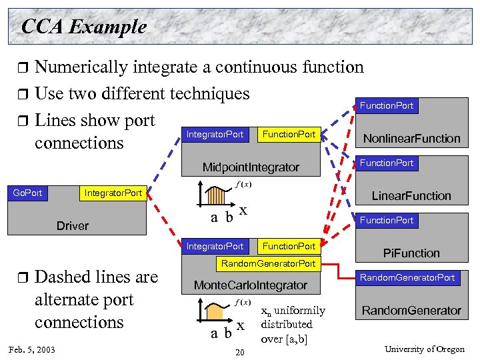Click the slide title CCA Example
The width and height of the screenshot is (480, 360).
click(83, 27)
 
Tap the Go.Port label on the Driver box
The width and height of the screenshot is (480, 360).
click(27, 193)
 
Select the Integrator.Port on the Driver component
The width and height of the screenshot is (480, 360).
click(113, 193)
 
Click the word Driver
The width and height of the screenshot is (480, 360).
click(72, 226)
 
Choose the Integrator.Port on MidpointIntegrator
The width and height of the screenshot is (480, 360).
click(215, 135)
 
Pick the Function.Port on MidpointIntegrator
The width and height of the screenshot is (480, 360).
click(289, 135)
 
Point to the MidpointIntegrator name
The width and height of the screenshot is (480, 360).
click(251, 167)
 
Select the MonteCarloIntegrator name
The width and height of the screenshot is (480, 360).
click(250, 285)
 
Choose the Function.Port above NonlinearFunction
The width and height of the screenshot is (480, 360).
click(387, 105)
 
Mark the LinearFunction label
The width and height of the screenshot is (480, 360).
click(411, 196)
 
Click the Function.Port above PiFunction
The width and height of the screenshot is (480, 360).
click(387, 220)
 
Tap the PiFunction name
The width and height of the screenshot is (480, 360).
click(411, 253)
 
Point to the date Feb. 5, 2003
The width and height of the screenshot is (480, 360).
click(32, 350)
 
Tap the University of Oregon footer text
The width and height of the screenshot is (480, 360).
click(425, 349)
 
